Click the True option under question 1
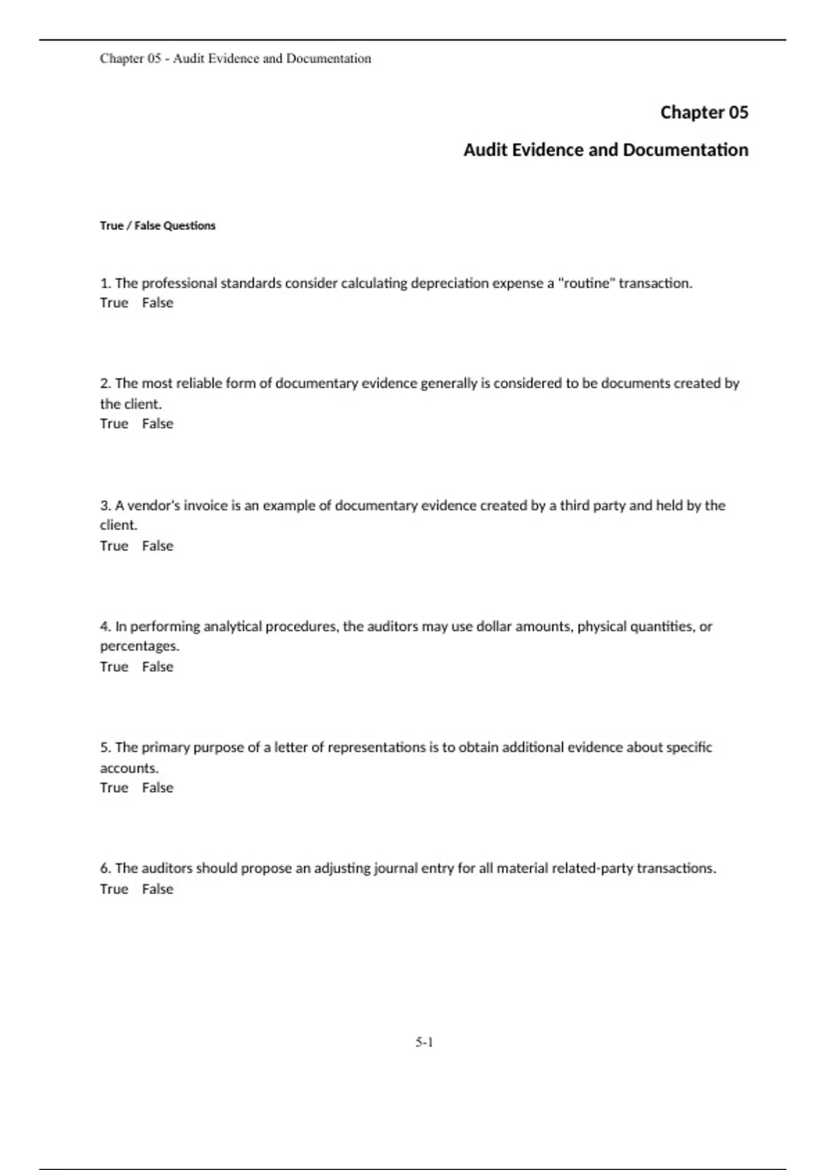click(x=114, y=303)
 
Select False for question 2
click(x=158, y=424)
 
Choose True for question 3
click(x=114, y=546)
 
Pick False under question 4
click(x=158, y=667)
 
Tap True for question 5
click(x=114, y=788)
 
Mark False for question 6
click(x=158, y=889)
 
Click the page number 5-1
click(x=424, y=1042)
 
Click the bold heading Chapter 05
click(x=703, y=112)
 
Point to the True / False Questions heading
click(x=158, y=226)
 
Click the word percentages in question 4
click(x=139, y=646)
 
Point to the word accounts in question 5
click(x=129, y=768)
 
